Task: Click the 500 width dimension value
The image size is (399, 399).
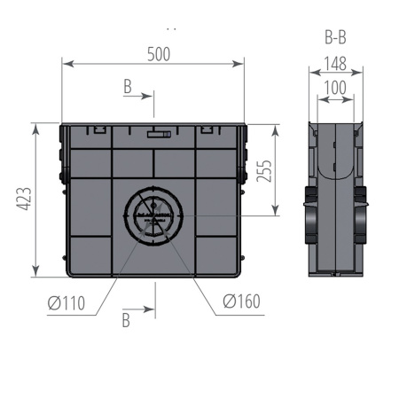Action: (158, 53)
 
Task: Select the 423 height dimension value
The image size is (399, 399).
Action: (25, 200)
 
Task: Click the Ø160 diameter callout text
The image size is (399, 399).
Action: (241, 302)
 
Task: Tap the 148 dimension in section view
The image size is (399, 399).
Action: (334, 64)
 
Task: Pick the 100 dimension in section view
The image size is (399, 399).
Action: (334, 88)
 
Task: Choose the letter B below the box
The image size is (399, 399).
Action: (126, 320)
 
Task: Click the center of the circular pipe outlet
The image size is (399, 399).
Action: (153, 215)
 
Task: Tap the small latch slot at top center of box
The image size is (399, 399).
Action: (159, 136)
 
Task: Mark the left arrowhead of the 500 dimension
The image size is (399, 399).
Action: (65, 63)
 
